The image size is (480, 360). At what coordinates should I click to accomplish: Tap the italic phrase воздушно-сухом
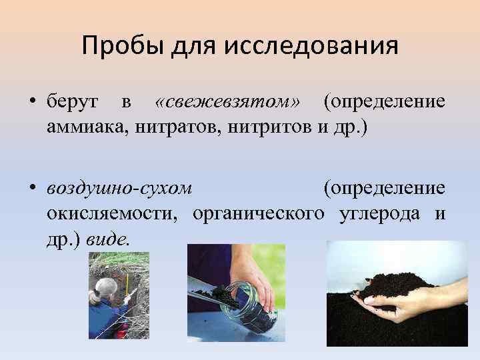click(119, 188)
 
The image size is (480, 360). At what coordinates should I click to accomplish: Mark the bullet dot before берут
click(32, 103)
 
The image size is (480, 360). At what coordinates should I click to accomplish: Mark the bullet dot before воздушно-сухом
click(32, 189)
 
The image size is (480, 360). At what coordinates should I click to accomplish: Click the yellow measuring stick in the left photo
click(127, 286)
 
